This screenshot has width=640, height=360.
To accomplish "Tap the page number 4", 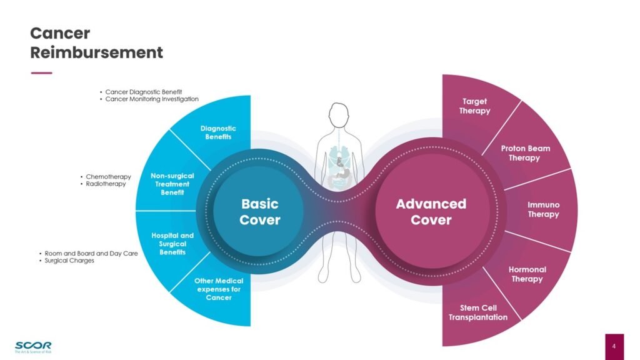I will (x=614, y=346).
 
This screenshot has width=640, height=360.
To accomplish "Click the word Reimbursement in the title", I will (x=96, y=52).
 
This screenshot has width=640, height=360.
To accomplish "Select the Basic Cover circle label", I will (x=259, y=212).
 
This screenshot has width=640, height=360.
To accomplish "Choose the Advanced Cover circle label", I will (x=431, y=212).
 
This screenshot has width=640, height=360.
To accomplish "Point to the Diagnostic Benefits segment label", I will (x=218, y=132).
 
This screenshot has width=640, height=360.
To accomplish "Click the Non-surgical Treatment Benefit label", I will (x=172, y=184).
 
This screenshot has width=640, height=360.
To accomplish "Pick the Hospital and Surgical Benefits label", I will (x=172, y=244).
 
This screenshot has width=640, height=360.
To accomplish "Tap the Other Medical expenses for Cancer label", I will (x=219, y=289).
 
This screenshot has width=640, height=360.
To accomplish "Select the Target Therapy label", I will (x=475, y=106).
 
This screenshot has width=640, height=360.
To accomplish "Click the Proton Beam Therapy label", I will (x=525, y=153).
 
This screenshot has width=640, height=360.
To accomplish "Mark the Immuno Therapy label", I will (x=543, y=209).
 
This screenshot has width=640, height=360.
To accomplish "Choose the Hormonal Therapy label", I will (x=527, y=274).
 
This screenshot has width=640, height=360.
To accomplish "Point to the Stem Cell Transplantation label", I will (x=478, y=312).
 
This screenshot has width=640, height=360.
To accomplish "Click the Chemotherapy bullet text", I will (x=108, y=177).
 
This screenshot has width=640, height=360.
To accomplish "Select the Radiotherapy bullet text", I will (x=106, y=184).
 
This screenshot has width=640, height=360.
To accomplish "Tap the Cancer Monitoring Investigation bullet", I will (x=151, y=99).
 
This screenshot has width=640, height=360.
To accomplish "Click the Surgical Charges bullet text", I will (x=69, y=261).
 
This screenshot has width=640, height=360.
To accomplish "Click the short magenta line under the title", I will (x=41, y=73).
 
